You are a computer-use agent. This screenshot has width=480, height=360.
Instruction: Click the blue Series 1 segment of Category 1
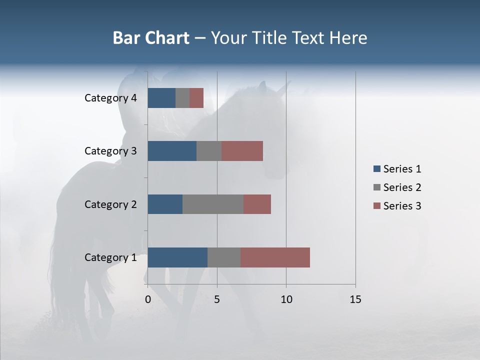click(177, 257)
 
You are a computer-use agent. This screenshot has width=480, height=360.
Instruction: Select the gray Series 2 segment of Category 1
click(224, 257)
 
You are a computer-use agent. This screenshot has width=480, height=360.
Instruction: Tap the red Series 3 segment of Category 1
click(275, 257)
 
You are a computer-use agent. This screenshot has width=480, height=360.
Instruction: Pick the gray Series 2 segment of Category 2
click(213, 204)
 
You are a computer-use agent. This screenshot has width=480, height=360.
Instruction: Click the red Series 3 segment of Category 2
click(257, 204)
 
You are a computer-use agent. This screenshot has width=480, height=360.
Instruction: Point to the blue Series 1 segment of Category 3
click(172, 151)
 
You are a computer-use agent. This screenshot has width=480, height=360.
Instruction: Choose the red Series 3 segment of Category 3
click(242, 151)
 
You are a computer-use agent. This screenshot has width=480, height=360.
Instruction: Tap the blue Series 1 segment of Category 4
click(161, 98)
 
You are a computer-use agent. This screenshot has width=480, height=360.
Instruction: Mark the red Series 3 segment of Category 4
click(196, 98)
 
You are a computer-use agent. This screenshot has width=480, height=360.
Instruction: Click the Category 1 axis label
click(110, 257)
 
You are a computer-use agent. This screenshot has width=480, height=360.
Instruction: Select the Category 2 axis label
click(110, 204)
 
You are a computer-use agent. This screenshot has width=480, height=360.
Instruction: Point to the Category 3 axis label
click(110, 151)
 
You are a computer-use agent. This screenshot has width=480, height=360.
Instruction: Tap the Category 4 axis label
click(110, 98)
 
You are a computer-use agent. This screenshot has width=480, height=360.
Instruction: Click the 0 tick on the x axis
click(148, 299)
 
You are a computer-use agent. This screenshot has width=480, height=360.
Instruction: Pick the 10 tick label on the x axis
click(286, 299)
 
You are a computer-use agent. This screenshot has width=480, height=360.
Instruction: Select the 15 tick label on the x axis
click(355, 299)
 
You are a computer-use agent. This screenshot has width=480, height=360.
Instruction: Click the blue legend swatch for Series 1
click(376, 169)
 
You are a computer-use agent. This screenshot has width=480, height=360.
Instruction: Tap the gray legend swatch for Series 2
click(376, 187)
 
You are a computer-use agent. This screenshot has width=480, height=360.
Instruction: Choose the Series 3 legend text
click(402, 206)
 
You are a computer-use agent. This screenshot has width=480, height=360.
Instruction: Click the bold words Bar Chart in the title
click(151, 38)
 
